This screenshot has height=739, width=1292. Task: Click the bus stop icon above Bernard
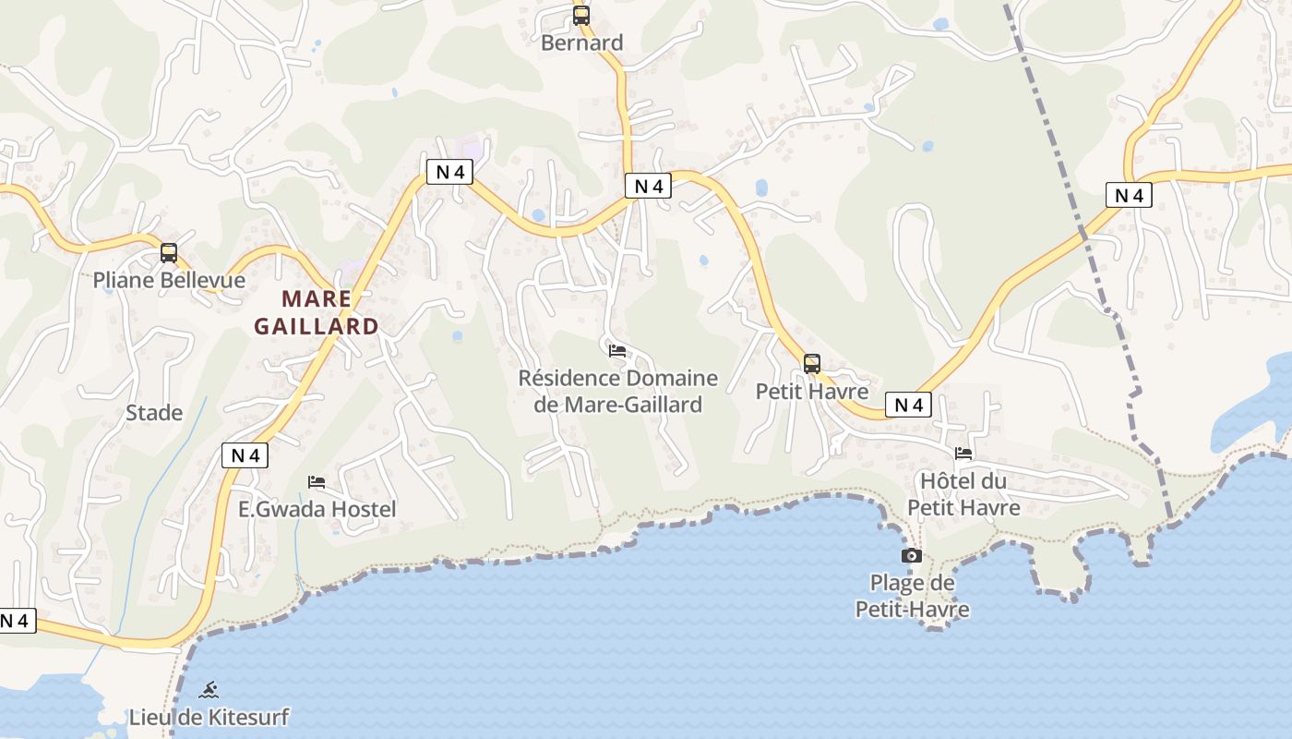click(580, 15)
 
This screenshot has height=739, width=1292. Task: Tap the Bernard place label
click(581, 42)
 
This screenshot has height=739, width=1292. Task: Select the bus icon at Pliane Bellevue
click(168, 252)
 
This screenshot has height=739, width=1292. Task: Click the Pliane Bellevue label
click(169, 280)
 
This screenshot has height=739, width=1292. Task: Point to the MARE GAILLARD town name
click(316, 312)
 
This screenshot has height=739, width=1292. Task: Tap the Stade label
click(154, 413)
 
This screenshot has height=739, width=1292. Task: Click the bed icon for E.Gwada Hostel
click(317, 481)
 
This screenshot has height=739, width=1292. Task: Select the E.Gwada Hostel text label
click(317, 509)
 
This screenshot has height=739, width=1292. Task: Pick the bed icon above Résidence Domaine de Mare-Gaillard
click(617, 350)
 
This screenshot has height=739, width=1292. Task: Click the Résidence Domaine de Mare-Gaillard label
click(617, 391)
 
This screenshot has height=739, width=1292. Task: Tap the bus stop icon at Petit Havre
click(812, 363)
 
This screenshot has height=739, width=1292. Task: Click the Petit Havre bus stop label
click(812, 391)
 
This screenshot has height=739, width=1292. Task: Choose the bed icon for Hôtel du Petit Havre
click(963, 453)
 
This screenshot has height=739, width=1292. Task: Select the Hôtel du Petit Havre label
click(963, 494)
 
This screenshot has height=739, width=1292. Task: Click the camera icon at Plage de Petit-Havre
click(911, 555)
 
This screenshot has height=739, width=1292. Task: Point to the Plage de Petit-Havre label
click(912, 596)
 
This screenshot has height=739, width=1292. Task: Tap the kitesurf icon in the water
click(209, 689)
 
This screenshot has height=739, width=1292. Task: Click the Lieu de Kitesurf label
click(209, 717)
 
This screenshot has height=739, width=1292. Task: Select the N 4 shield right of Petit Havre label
click(908, 405)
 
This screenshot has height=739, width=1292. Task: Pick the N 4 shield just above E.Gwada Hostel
click(245, 454)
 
